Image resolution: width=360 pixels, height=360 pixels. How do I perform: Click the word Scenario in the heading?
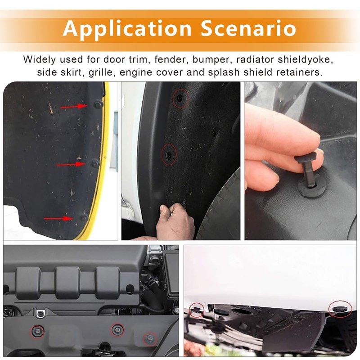248,28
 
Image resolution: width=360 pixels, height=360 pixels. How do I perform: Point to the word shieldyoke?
306,60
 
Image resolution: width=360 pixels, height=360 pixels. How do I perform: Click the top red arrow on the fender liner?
74,106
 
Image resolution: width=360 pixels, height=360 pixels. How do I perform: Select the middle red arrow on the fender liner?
71,164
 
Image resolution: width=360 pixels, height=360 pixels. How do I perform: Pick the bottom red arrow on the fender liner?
58,218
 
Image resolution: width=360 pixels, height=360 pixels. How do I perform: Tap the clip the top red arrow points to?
99,104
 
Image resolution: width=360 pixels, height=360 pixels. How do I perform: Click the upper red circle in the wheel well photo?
181,98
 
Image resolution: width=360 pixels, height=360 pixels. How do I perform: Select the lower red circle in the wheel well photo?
170,154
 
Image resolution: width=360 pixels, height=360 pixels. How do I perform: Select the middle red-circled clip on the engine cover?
117,330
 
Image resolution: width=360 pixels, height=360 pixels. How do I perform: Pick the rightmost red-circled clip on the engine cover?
150,339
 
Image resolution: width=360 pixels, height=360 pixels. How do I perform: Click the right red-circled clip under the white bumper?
341,309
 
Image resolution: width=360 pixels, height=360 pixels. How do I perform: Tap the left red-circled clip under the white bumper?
197,310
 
